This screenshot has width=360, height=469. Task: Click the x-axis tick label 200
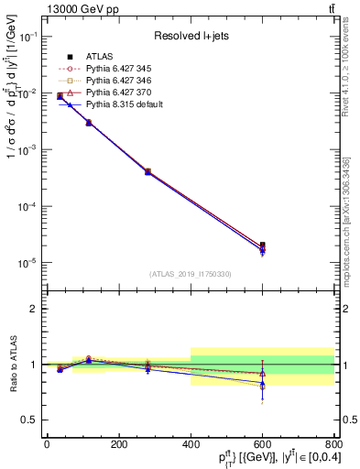click(118, 444)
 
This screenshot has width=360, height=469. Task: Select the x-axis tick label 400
click(190, 444)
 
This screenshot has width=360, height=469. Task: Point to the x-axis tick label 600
click(262, 444)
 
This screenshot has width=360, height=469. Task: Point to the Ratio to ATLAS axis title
click(11, 365)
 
